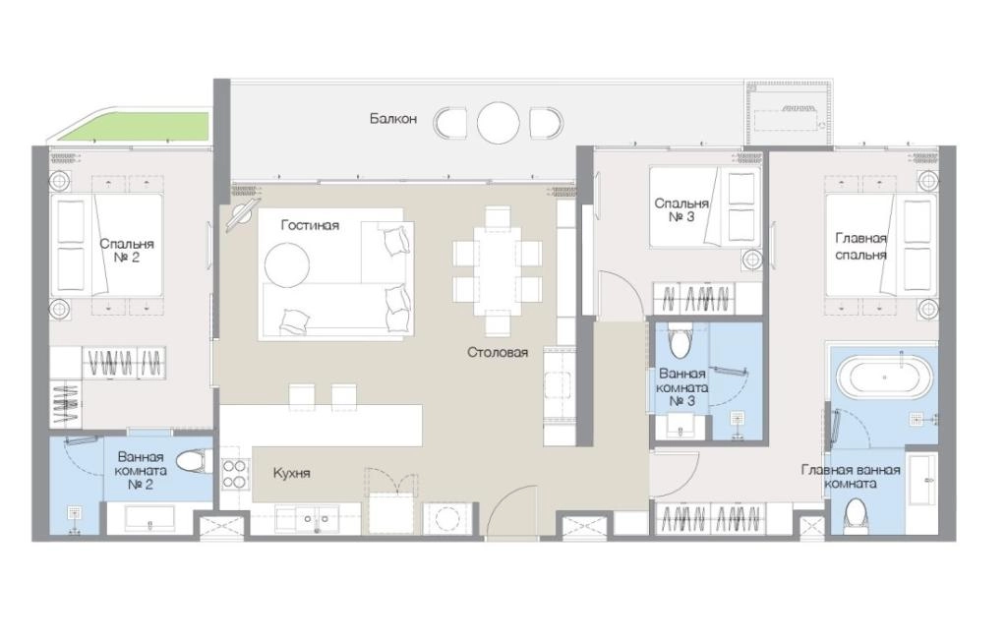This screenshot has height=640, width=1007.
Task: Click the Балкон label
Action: [393, 119]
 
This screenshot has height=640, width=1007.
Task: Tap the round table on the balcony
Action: [498, 123]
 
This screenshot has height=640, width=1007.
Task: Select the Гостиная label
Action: [310, 225]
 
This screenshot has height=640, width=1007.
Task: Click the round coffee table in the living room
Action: [287, 264]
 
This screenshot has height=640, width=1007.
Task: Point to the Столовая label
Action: [498, 352]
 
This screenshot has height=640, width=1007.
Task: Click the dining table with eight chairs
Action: [498, 271]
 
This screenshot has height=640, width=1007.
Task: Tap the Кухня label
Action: [291, 474]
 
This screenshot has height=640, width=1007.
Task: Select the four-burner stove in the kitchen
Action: [234, 475]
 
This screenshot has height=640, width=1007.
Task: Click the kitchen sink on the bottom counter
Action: [307, 519]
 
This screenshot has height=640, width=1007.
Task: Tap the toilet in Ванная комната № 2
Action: [194, 461]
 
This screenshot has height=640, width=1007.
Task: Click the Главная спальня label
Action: [860, 247]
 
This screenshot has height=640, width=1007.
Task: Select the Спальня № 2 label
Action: [127, 251]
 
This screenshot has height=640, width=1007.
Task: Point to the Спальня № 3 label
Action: [681, 210]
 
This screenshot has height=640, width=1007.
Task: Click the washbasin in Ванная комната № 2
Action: [149, 519]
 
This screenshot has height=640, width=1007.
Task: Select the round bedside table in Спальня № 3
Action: [752, 260]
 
